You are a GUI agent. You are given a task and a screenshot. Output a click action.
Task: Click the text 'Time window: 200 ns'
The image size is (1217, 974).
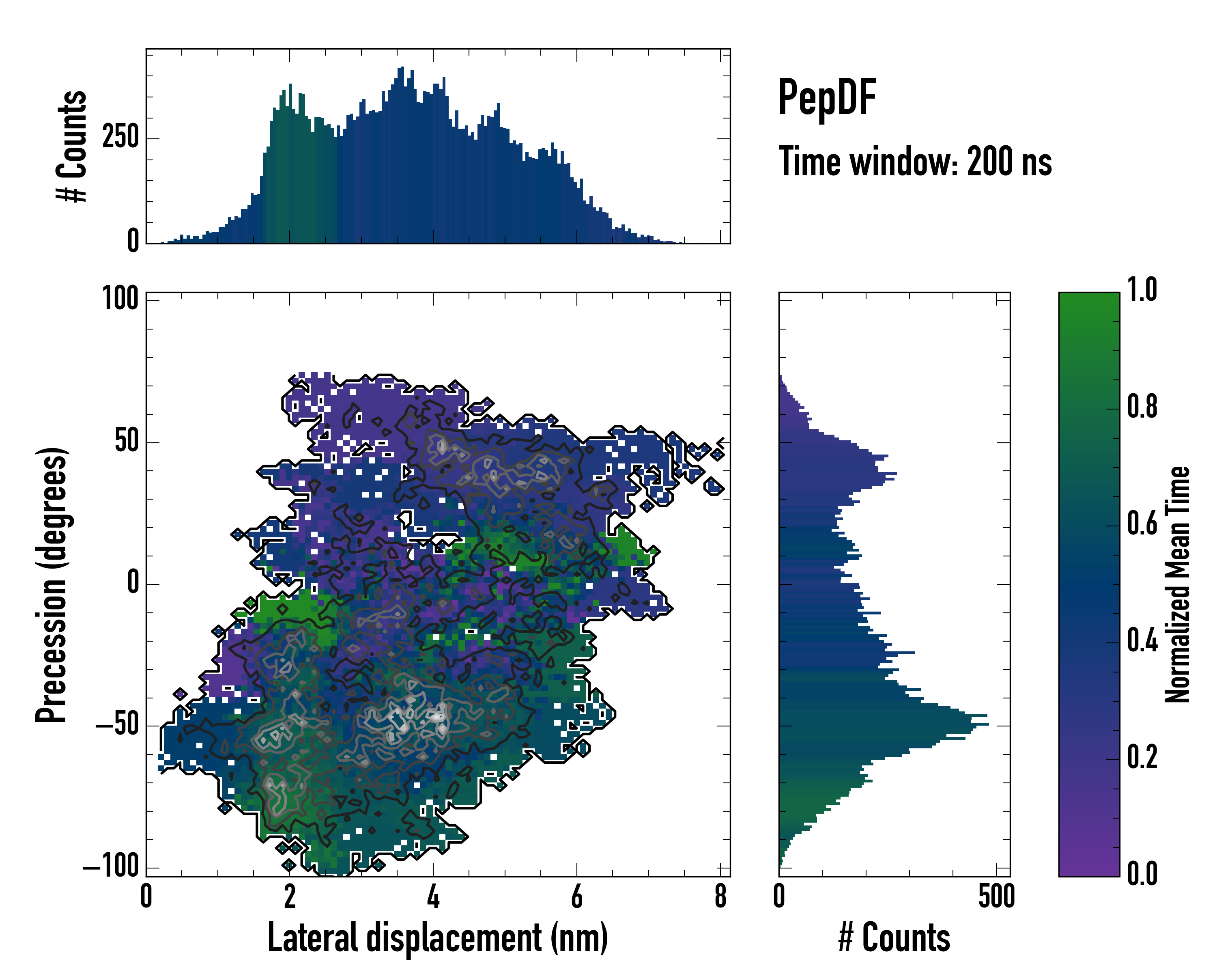click(915, 162)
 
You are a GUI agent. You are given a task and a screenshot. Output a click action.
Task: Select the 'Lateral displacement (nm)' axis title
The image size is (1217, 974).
click(437, 938)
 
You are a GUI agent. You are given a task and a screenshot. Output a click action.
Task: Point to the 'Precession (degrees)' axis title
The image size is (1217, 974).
click(52, 584)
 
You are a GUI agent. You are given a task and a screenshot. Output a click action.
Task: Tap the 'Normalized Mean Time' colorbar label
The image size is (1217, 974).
click(1178, 584)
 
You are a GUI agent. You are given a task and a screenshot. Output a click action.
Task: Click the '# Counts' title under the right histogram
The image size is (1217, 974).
click(894, 938)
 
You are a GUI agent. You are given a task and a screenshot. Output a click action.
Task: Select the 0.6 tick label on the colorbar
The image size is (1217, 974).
click(1142, 524)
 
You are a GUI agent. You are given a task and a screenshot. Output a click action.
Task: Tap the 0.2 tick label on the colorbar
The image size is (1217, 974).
click(1142, 757)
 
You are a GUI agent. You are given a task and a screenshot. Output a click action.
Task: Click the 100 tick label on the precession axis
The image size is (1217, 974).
click(120, 299)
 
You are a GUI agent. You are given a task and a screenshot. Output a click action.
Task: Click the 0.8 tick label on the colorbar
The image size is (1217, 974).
click(1142, 407)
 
